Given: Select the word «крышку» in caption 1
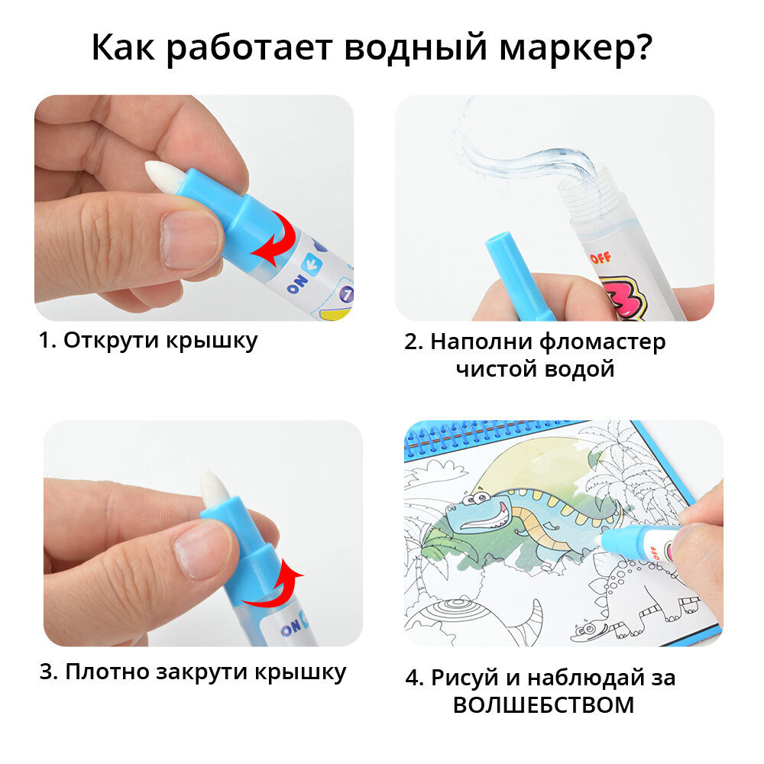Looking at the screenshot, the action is coord(212,341).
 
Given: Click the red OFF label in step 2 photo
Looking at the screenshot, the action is coord(601,257).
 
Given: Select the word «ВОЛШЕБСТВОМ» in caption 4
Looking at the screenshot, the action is coord(544,705).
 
